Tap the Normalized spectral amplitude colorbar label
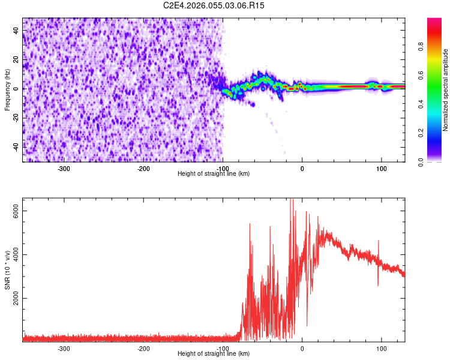click(445, 89)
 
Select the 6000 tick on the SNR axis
click(17, 210)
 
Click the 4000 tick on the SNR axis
click(17, 254)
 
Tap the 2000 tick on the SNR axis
click(17, 298)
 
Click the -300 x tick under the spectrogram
click(64, 169)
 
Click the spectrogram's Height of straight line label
click(214, 174)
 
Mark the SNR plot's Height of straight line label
click(214, 354)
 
